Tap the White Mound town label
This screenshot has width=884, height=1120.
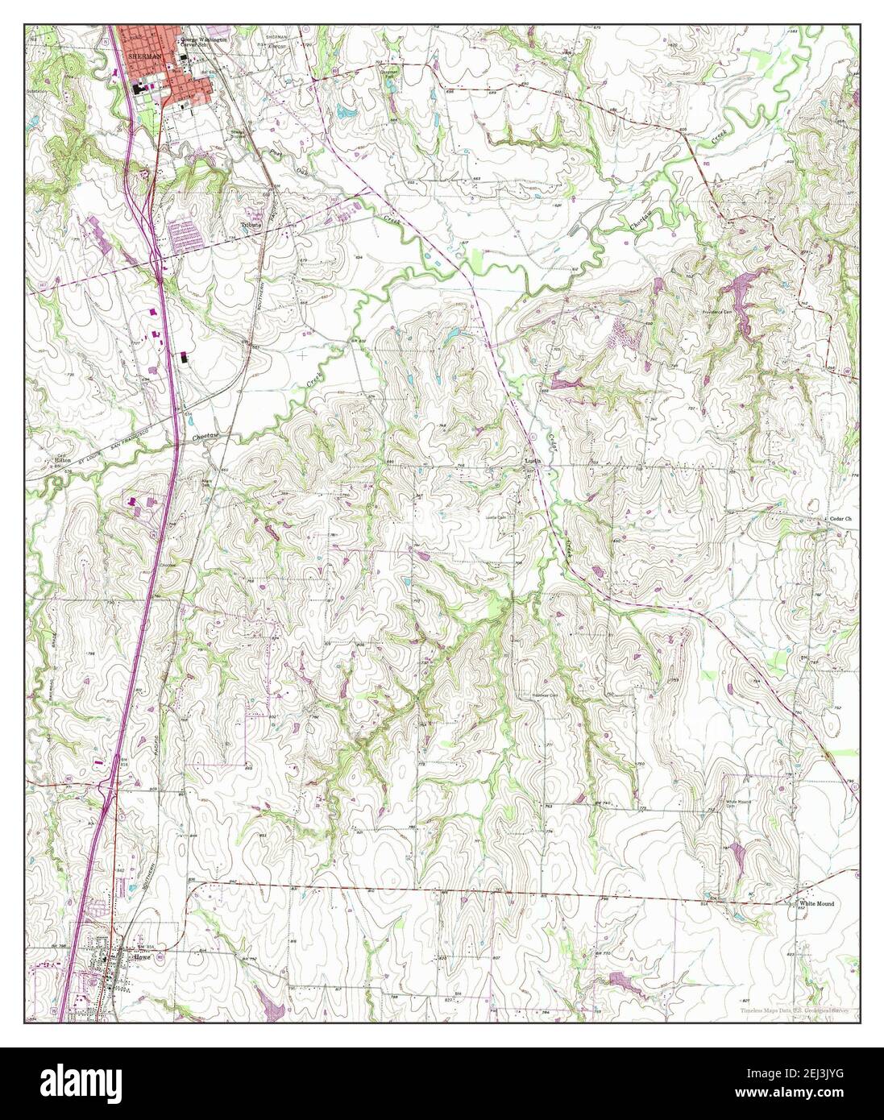[x=816, y=904]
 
